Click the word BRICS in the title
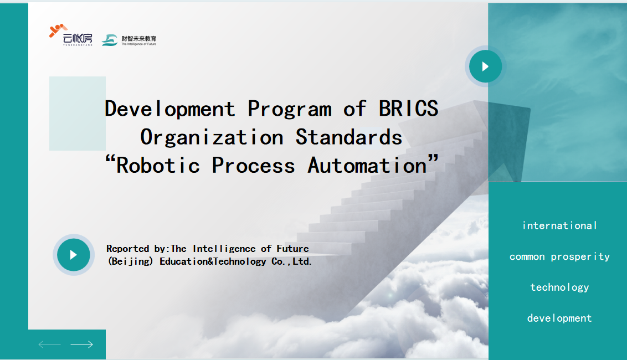[x=408, y=109]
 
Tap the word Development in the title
[x=170, y=109]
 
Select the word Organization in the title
[x=212, y=137]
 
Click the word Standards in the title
[x=349, y=137]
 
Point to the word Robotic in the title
[x=158, y=166]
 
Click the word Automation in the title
[x=367, y=166]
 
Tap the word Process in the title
[x=253, y=166]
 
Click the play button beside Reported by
[x=74, y=255]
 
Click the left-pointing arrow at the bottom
[x=50, y=344]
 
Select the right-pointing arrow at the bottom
[x=81, y=344]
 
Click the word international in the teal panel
[x=559, y=225]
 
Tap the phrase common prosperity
[x=559, y=257]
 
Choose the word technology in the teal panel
[x=559, y=287]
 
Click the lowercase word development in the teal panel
[x=559, y=318]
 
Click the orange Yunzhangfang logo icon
[x=58, y=30]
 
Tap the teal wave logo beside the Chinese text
[x=110, y=40]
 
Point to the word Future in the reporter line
[x=292, y=249]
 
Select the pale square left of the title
[x=78, y=114]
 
